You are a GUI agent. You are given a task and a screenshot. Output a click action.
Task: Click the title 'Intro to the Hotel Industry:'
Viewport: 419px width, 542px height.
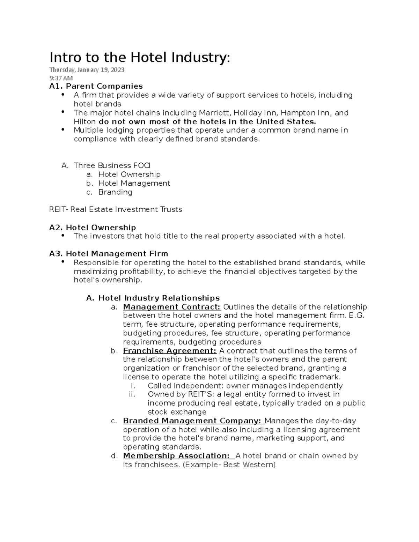coord(140,58)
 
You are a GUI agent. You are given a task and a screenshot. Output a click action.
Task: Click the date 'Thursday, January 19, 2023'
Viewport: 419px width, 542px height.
coord(87,70)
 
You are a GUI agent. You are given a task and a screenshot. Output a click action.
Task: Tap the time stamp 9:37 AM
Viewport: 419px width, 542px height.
coord(61,78)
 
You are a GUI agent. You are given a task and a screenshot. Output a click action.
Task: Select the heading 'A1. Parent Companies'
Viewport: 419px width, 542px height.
coord(96,86)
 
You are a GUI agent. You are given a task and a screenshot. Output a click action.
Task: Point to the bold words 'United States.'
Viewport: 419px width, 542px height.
coord(286,121)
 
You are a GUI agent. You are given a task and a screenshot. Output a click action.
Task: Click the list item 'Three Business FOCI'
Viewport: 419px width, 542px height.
coord(112,165)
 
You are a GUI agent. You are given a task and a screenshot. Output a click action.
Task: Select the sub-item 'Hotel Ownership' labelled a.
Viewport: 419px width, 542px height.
coord(129,174)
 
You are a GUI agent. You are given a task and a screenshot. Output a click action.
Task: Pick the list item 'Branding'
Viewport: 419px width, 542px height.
coord(115,192)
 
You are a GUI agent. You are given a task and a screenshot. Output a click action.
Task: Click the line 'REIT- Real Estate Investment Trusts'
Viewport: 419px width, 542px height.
coord(116,209)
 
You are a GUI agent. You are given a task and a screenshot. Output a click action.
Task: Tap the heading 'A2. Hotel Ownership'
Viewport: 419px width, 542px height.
coord(93,228)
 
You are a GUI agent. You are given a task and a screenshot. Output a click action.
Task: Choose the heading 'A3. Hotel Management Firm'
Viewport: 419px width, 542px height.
coord(109,254)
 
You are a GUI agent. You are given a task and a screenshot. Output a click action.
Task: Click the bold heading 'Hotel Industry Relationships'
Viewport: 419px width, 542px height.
coord(159,298)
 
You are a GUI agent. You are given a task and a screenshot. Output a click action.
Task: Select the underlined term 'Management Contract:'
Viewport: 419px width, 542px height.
coord(172,307)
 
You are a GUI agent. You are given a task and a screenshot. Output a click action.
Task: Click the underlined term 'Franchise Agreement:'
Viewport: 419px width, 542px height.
coord(170,351)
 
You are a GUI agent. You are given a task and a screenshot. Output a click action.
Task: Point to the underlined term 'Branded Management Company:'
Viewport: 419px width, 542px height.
coord(192,421)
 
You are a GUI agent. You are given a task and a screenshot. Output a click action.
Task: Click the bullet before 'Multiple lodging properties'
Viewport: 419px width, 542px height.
coord(63,129)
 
